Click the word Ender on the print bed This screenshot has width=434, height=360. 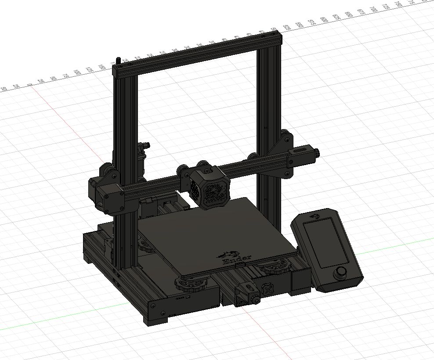238,259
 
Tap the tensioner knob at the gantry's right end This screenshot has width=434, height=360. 317,153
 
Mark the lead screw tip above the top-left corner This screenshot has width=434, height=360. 118,60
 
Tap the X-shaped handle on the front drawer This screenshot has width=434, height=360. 268,290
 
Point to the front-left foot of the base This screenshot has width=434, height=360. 155,320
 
